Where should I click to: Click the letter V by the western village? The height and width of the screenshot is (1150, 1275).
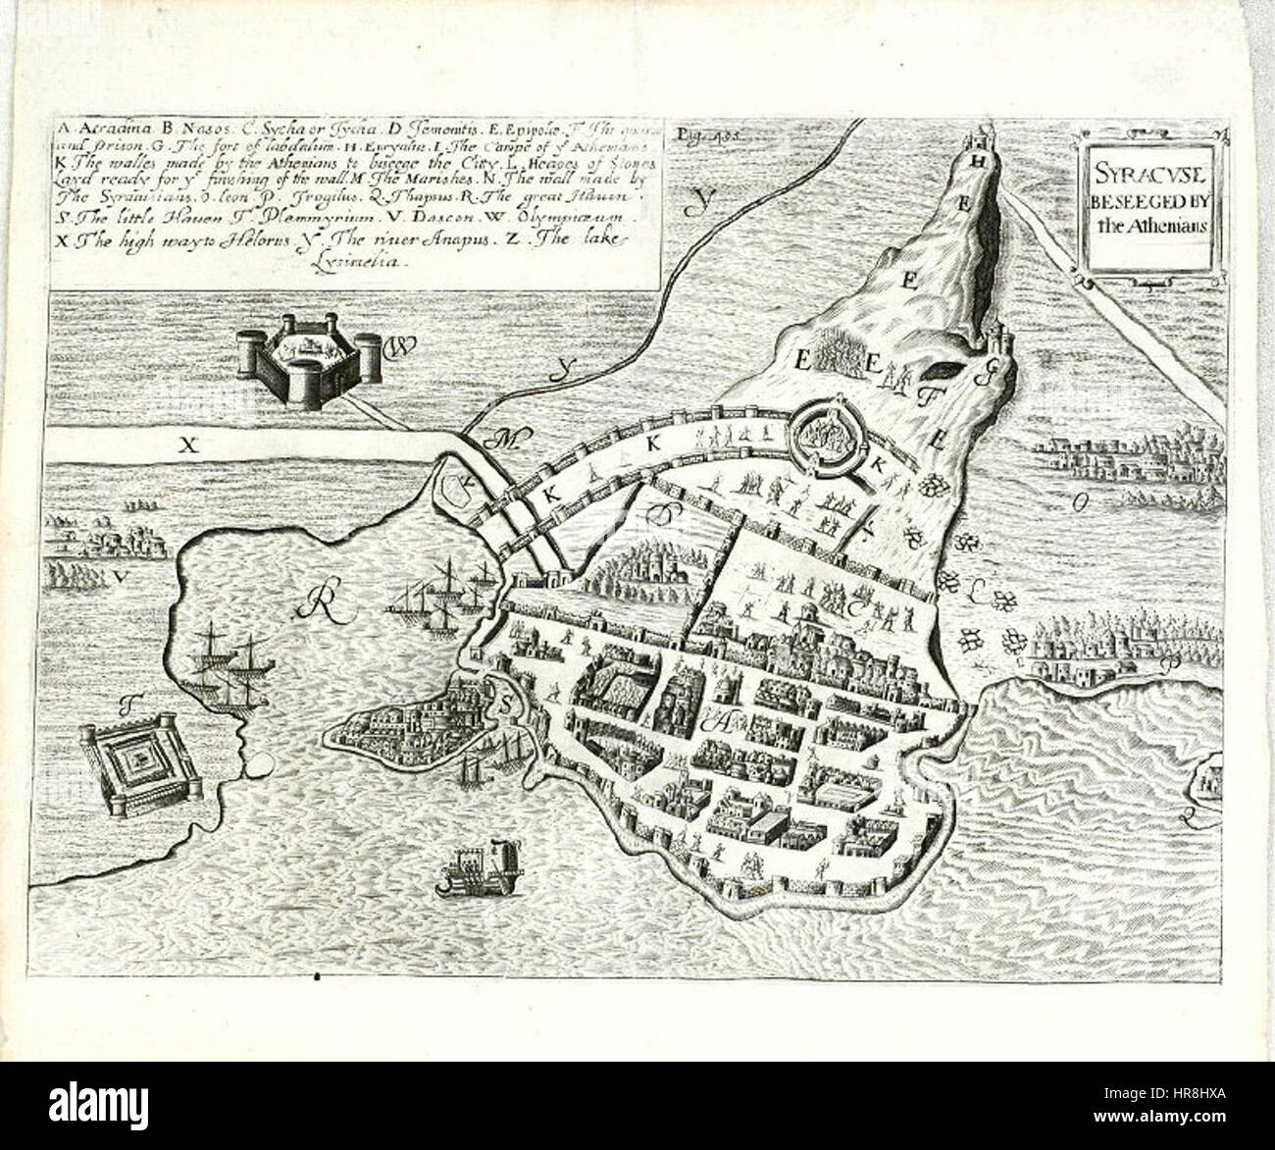click(x=119, y=578)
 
